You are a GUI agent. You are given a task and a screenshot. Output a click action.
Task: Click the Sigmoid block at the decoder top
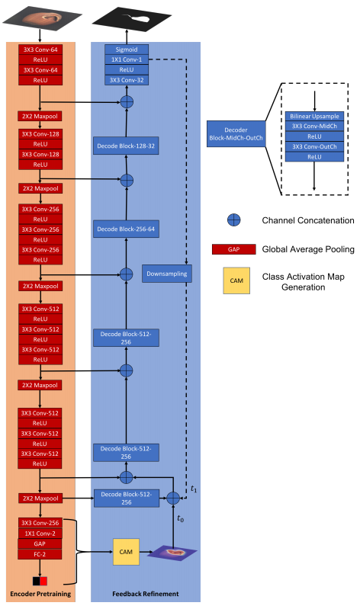click(x=127, y=50)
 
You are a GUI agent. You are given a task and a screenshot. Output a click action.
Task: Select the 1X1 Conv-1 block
click(x=127, y=59)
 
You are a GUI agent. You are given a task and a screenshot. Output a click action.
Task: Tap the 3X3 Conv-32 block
click(x=127, y=79)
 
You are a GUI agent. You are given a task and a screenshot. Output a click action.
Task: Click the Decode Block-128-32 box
click(x=127, y=145)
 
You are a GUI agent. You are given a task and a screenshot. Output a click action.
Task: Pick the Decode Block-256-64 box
click(x=127, y=227)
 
